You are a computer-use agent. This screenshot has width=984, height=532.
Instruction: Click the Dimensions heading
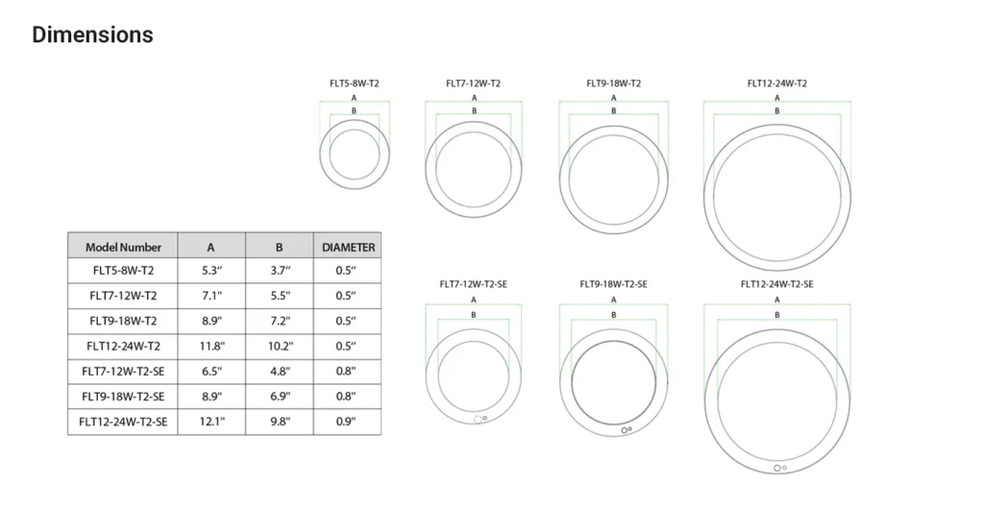pos(92,35)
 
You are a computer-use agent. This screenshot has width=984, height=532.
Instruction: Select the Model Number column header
pos(123,247)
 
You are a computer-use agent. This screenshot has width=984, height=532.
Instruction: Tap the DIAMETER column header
pos(348,247)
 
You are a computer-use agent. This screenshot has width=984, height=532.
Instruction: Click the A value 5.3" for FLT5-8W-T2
pos(212,271)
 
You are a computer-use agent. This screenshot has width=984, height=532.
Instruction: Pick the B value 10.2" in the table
pos(281,346)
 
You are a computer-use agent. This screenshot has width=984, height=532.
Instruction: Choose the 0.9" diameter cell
pos(345,421)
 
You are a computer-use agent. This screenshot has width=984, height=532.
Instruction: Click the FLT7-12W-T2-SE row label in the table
pos(123,371)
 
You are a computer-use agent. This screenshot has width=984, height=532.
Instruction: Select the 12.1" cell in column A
pos(212,421)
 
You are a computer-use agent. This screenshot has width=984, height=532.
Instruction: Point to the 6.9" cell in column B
pos(281,396)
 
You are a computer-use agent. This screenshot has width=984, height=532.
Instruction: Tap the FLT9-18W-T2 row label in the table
pos(123,321)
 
